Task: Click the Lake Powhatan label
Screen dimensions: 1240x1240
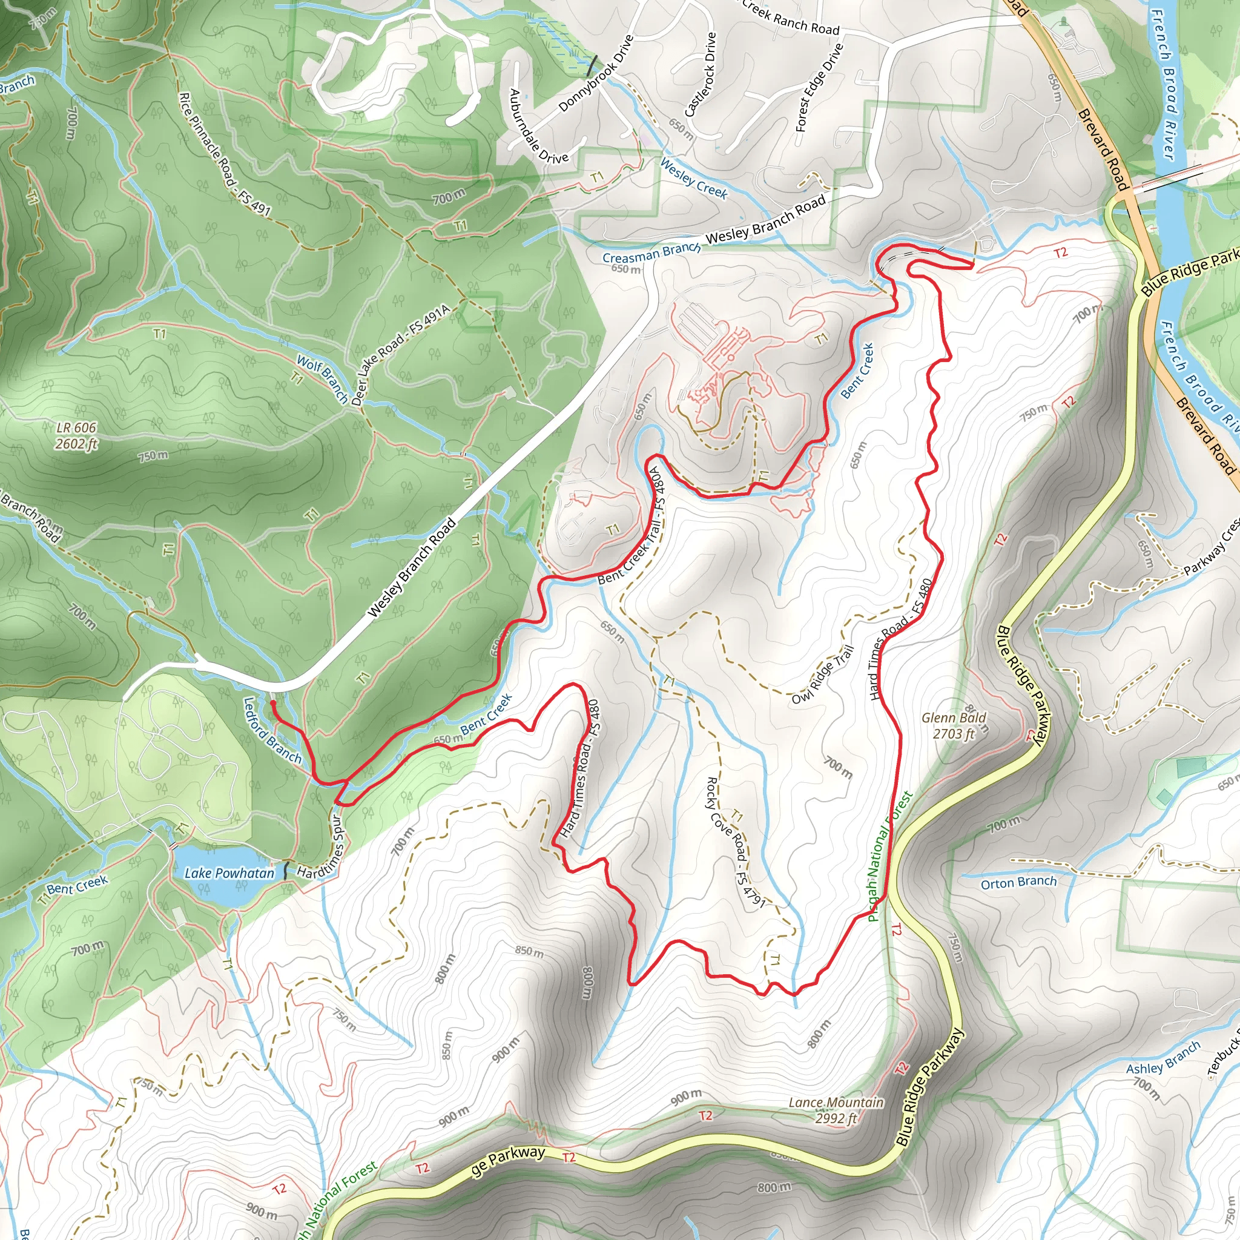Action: click(x=229, y=874)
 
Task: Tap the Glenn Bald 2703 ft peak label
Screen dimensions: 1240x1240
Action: click(x=954, y=726)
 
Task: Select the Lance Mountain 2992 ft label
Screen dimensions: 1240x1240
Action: click(x=836, y=1110)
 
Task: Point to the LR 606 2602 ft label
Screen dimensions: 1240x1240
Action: click(x=76, y=436)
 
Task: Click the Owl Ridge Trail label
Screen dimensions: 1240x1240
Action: click(x=823, y=675)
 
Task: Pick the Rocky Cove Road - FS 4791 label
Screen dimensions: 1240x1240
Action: click(x=736, y=842)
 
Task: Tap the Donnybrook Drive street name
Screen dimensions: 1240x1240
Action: click(x=596, y=74)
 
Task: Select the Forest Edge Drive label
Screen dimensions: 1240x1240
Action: click(x=820, y=88)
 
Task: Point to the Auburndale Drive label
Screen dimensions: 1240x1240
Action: click(x=538, y=127)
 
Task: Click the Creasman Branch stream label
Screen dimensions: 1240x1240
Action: click(x=651, y=253)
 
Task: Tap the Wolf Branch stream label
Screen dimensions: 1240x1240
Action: click(x=322, y=381)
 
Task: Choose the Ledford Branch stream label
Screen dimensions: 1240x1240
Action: click(x=272, y=730)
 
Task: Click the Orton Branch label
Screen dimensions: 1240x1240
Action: click(x=1018, y=883)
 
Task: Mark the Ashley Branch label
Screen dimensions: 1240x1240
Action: click(x=1163, y=1057)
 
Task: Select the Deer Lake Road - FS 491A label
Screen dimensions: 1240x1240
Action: click(x=401, y=354)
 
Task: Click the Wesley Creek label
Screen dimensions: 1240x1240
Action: click(x=694, y=179)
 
